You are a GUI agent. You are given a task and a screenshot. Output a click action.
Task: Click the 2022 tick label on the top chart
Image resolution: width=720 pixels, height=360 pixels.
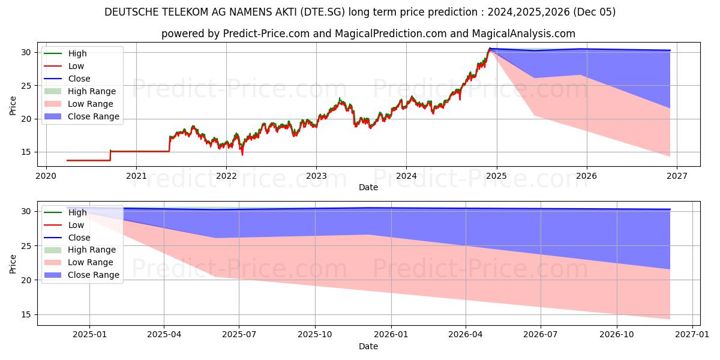click(x=226, y=176)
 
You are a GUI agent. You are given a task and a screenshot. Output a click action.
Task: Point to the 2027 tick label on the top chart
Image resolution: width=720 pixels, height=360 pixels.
click(x=676, y=176)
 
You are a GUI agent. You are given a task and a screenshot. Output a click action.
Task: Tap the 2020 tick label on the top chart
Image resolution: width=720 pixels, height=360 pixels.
click(x=46, y=176)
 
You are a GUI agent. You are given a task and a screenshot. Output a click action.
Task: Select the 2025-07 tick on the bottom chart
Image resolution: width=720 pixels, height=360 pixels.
click(x=239, y=335)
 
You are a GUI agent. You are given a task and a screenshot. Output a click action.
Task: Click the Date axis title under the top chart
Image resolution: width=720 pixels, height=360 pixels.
click(x=368, y=187)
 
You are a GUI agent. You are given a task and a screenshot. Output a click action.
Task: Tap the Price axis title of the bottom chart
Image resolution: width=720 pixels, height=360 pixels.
click(x=13, y=263)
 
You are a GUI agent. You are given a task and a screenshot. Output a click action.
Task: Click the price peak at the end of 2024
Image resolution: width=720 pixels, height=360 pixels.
click(x=490, y=49)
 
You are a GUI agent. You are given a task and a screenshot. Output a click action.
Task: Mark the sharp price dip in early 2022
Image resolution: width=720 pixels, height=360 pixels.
click(x=242, y=155)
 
